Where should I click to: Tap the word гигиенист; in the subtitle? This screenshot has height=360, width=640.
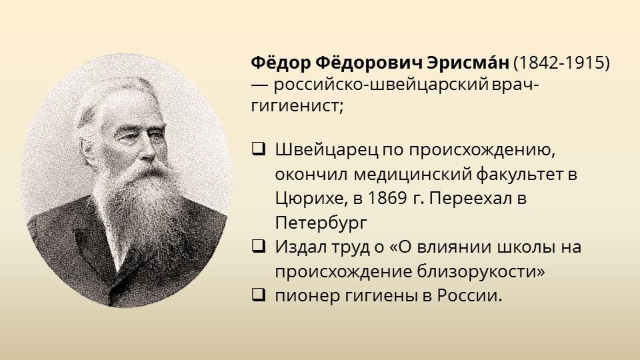point(297,105)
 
